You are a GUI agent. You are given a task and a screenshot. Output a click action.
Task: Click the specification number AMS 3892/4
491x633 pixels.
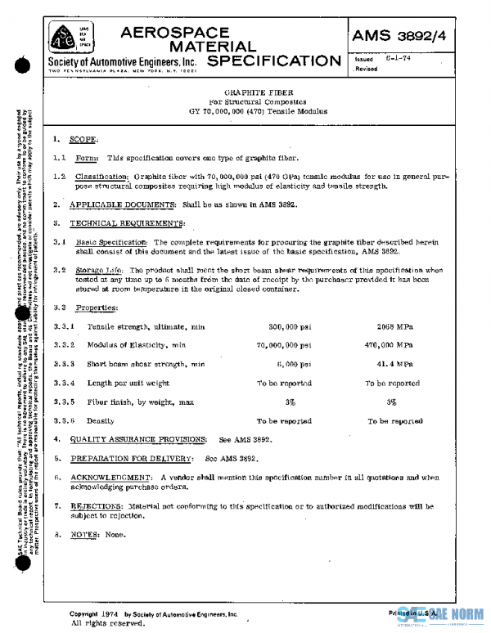tap(414, 37)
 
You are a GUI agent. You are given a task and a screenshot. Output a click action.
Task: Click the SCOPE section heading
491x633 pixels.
tap(83, 141)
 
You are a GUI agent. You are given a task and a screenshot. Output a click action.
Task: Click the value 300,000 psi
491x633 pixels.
tap(290, 327)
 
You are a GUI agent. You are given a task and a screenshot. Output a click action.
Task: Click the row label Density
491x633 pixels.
tap(101, 421)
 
